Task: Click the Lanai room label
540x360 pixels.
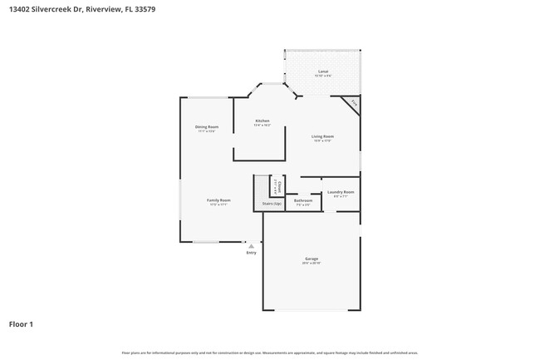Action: click(x=323, y=72)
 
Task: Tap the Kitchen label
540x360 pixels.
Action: click(x=263, y=121)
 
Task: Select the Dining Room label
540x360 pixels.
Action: click(x=207, y=126)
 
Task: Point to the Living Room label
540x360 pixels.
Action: click(x=323, y=136)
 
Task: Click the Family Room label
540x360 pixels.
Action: click(x=218, y=200)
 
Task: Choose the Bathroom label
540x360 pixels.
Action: click(x=303, y=200)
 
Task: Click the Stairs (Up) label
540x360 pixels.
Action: click(x=272, y=203)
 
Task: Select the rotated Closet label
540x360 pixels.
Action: click(x=278, y=186)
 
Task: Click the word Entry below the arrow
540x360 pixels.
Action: click(x=251, y=253)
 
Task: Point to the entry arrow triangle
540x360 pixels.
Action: click(x=251, y=245)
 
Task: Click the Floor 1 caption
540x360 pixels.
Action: click(x=22, y=323)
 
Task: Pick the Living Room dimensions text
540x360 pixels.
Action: click(x=323, y=141)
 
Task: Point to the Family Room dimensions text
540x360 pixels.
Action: click(x=218, y=205)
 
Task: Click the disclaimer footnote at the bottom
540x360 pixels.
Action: click(x=270, y=353)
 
